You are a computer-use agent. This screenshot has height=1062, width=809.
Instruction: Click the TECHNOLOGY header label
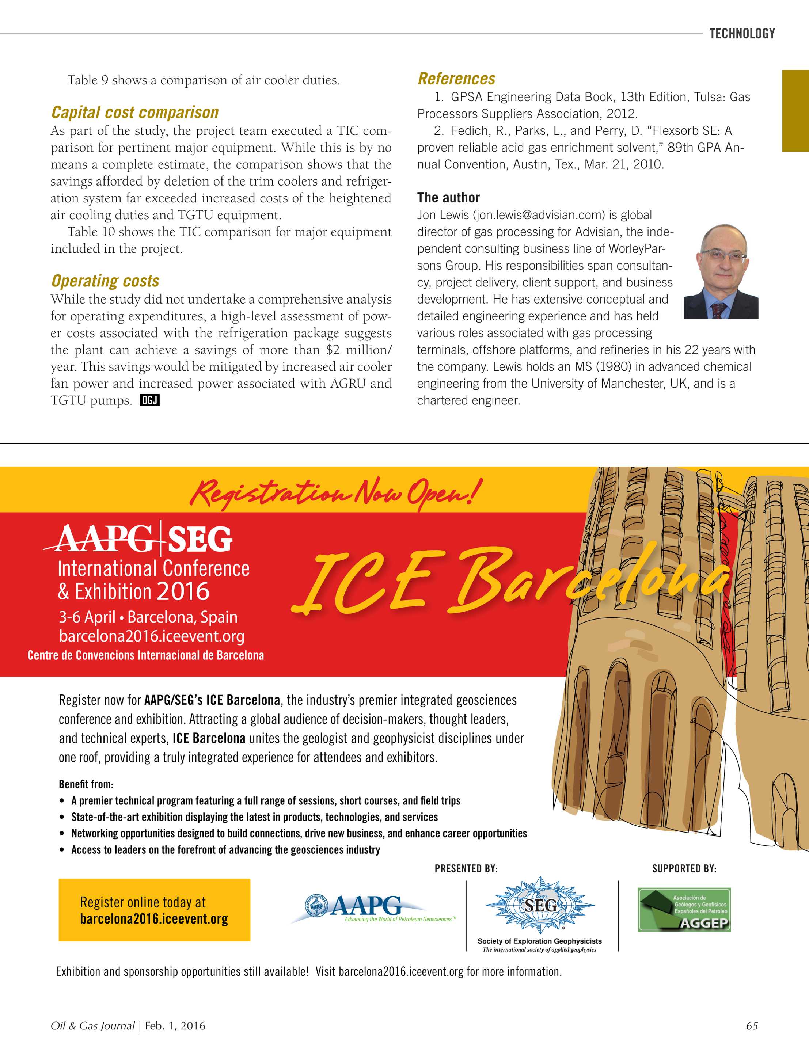pos(742,33)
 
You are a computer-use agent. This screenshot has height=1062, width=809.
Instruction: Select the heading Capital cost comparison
pos(135,112)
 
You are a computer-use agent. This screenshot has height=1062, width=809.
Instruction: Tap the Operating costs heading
pos(105,281)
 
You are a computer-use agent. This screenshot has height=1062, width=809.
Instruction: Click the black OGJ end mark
pos(149,400)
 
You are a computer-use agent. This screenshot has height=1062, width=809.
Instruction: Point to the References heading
pos(456,79)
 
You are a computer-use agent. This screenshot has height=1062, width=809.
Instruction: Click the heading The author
pos(448,197)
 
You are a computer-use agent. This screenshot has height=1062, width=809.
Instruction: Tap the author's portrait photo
pos(721,271)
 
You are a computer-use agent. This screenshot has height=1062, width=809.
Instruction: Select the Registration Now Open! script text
pos(335,492)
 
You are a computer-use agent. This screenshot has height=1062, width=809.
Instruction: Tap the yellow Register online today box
pos(154,910)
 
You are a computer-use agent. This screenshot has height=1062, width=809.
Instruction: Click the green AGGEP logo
pos(684,909)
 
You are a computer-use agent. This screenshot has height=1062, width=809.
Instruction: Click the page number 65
pos(752,1026)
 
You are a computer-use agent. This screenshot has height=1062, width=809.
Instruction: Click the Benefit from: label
pos(86,784)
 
